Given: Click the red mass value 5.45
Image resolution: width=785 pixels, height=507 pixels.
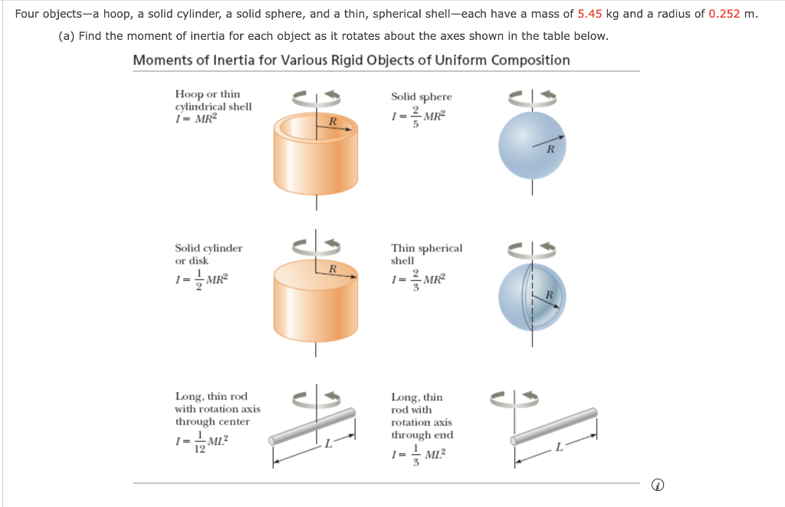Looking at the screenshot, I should click(x=590, y=14).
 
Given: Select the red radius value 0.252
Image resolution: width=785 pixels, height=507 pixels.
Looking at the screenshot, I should click(x=725, y=14).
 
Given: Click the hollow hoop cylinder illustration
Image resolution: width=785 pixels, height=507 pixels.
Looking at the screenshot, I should click(x=316, y=161).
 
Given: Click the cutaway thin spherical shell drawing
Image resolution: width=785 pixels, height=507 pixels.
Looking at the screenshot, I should click(x=531, y=297).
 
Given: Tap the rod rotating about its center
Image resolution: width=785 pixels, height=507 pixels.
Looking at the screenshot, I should click(x=313, y=426).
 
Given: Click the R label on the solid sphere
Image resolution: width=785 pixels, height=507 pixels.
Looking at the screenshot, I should click(x=550, y=150).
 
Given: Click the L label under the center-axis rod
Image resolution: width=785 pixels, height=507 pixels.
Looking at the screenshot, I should click(x=327, y=444).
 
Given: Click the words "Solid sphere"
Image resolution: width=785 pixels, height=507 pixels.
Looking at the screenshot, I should click(x=421, y=97).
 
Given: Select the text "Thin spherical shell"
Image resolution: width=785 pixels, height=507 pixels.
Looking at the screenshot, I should click(x=426, y=254).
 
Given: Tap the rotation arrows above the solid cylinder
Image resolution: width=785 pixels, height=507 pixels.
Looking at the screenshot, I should click(x=316, y=246).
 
